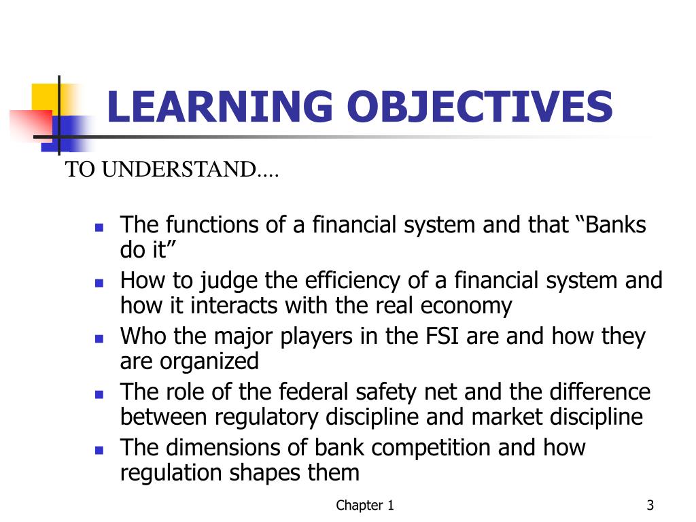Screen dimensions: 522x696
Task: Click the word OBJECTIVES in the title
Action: [x=479, y=107]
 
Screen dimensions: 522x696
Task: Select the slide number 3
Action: [x=650, y=505]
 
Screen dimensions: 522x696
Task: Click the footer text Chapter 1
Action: [x=366, y=505]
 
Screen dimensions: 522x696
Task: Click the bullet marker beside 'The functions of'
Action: [x=99, y=227]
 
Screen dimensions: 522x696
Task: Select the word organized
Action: [x=210, y=362]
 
